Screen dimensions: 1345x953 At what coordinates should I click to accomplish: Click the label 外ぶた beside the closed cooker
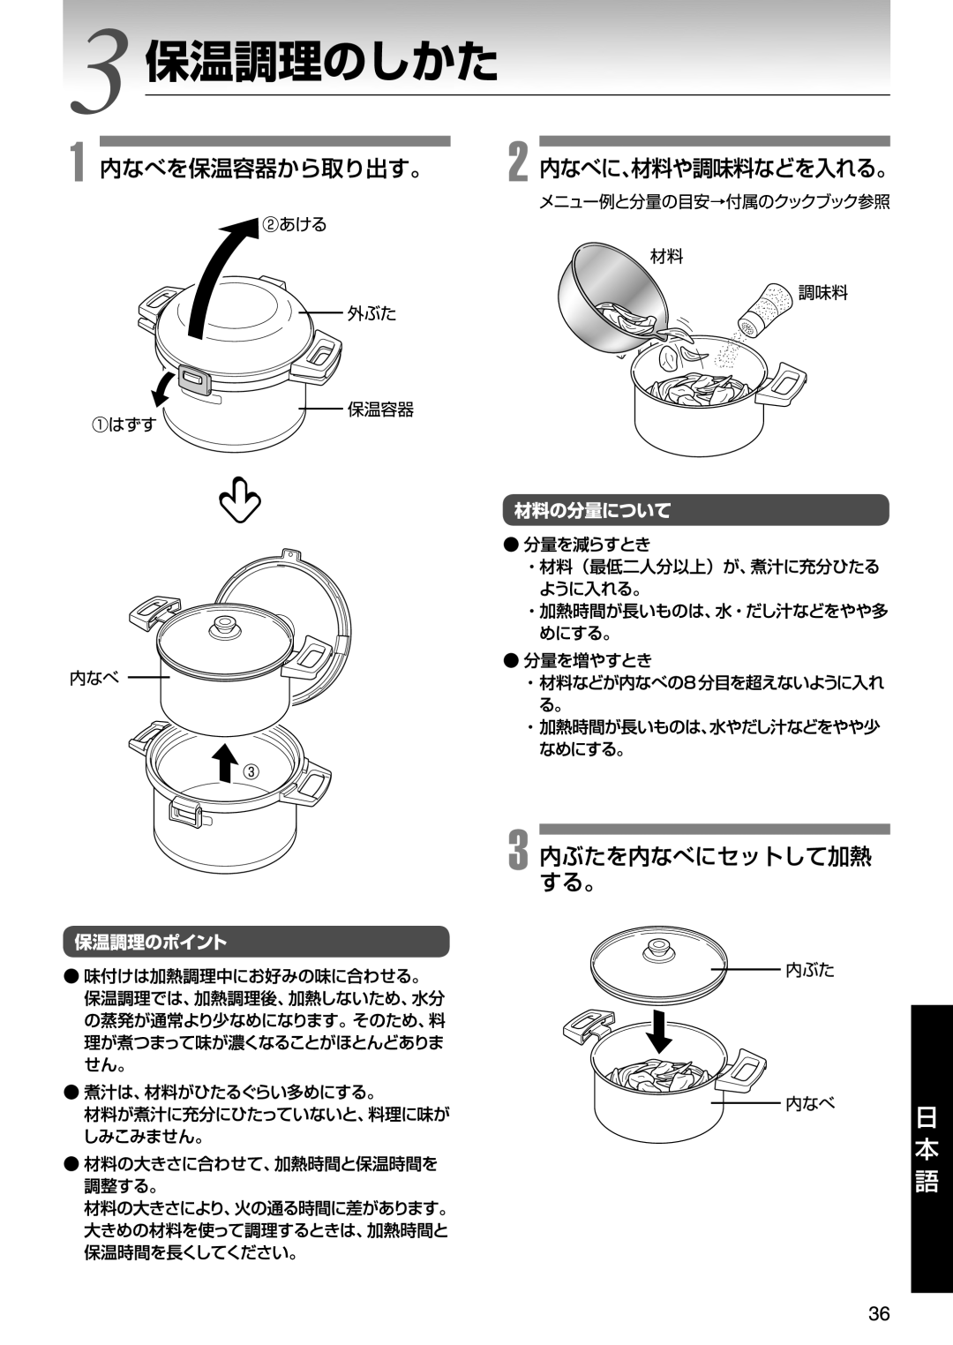(x=371, y=313)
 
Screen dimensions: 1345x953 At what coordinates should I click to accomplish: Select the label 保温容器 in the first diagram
(x=380, y=410)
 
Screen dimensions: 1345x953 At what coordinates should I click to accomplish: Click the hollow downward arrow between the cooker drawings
(x=240, y=500)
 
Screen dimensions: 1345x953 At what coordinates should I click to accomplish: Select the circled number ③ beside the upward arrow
(x=252, y=771)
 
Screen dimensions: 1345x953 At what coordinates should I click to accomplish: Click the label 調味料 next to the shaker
(x=822, y=293)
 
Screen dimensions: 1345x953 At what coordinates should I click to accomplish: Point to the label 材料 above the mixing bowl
(x=666, y=257)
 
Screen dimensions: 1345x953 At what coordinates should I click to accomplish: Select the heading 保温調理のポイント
(x=151, y=943)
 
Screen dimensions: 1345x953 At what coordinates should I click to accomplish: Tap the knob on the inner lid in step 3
(x=657, y=951)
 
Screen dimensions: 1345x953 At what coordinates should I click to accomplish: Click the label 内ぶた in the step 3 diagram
(x=809, y=970)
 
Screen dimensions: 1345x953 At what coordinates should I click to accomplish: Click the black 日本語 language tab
(x=927, y=1150)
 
